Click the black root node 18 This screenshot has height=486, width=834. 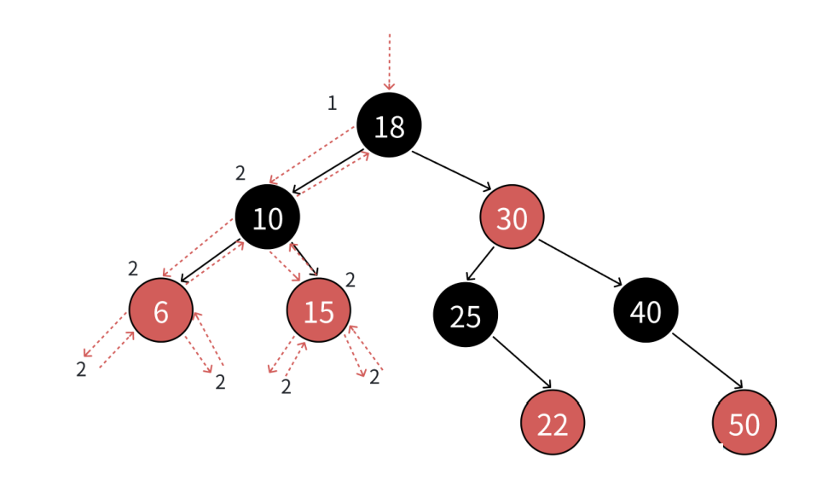pyautogui.click(x=389, y=126)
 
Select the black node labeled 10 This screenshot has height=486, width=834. pyautogui.click(x=268, y=218)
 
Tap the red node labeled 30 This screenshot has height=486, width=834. pyautogui.click(x=512, y=218)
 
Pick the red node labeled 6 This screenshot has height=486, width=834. pyautogui.click(x=161, y=311)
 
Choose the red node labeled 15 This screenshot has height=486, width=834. pyautogui.click(x=319, y=311)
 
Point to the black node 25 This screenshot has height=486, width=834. pyautogui.click(x=466, y=315)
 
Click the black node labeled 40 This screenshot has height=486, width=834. pyautogui.click(x=646, y=311)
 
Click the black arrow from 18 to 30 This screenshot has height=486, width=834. pyautogui.click(x=452, y=171)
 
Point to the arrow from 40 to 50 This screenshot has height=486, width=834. pyautogui.click(x=708, y=362)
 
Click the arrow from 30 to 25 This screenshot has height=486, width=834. pyautogui.click(x=480, y=263)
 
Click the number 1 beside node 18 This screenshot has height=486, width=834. pyautogui.click(x=333, y=104)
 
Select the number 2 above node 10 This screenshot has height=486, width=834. pyautogui.click(x=240, y=174)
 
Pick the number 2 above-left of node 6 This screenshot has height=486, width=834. pyautogui.click(x=133, y=269)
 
